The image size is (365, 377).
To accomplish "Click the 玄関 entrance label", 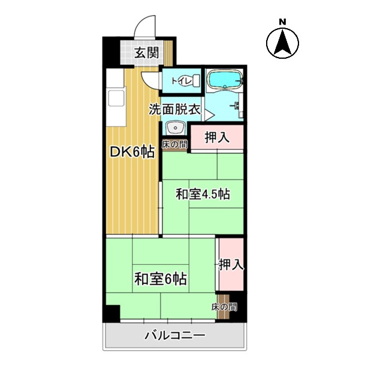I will pos(146,53).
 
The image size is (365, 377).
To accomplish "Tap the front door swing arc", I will pos(142,28).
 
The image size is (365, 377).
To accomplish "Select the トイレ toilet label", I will pos(180,80).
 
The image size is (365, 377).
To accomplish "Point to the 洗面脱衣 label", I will pos(174,110).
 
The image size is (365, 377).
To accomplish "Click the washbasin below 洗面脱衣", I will pos(175,128).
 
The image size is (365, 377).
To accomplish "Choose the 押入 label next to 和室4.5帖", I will pos(217,137).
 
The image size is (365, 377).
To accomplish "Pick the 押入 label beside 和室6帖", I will pos(231,264).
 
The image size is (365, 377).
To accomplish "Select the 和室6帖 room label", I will pos(160,279).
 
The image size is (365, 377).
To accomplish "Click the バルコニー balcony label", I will pos(174,336).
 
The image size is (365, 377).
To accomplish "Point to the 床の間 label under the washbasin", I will pos(174,144).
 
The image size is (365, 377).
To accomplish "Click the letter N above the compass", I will pos(282,22).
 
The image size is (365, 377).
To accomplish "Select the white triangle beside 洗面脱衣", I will pos(209,111).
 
